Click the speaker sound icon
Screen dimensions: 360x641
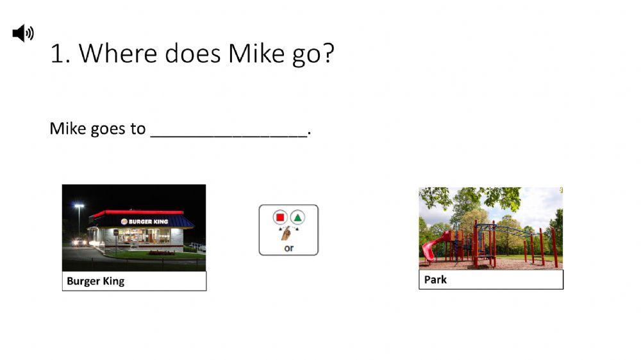pos(23,33)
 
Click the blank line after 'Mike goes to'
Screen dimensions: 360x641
pos(229,133)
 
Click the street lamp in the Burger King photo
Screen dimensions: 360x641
pos(79,207)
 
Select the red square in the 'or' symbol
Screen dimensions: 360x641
pos(279,217)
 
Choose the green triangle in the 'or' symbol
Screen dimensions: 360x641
pos(297,217)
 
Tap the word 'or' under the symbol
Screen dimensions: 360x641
pos(288,247)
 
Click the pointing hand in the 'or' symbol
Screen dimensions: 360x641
pos(287,233)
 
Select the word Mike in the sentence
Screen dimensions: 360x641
pos(67,129)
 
